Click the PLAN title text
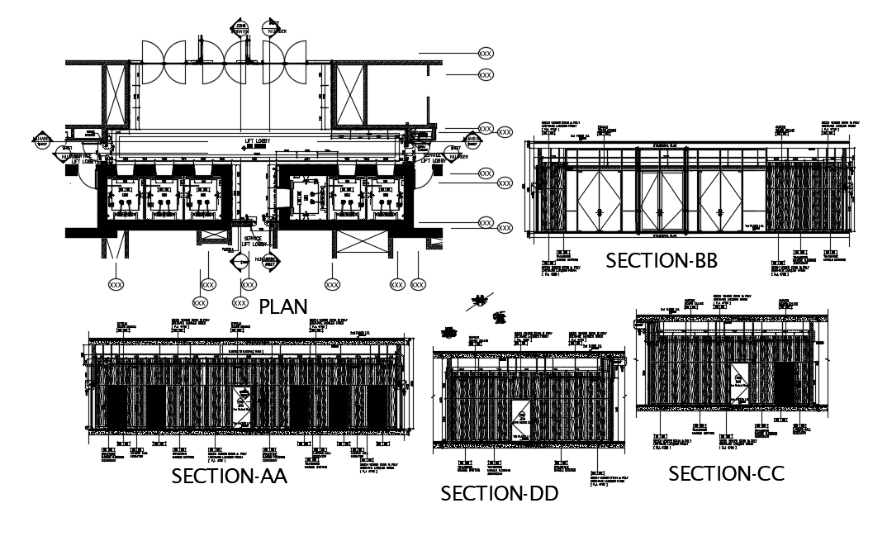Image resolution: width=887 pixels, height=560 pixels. point(283,306)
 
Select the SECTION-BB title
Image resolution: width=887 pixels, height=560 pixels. point(662,261)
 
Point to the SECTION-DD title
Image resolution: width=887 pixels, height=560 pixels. point(499,494)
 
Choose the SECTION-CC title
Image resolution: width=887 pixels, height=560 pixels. point(726,474)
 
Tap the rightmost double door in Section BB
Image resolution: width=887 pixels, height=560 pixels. point(722,200)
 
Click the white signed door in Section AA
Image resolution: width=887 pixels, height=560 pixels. point(244,406)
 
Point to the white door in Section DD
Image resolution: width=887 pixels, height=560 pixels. point(520,421)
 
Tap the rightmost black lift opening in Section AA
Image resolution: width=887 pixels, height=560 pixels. point(377,407)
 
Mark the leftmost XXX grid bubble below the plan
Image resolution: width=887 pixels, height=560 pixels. point(116,283)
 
